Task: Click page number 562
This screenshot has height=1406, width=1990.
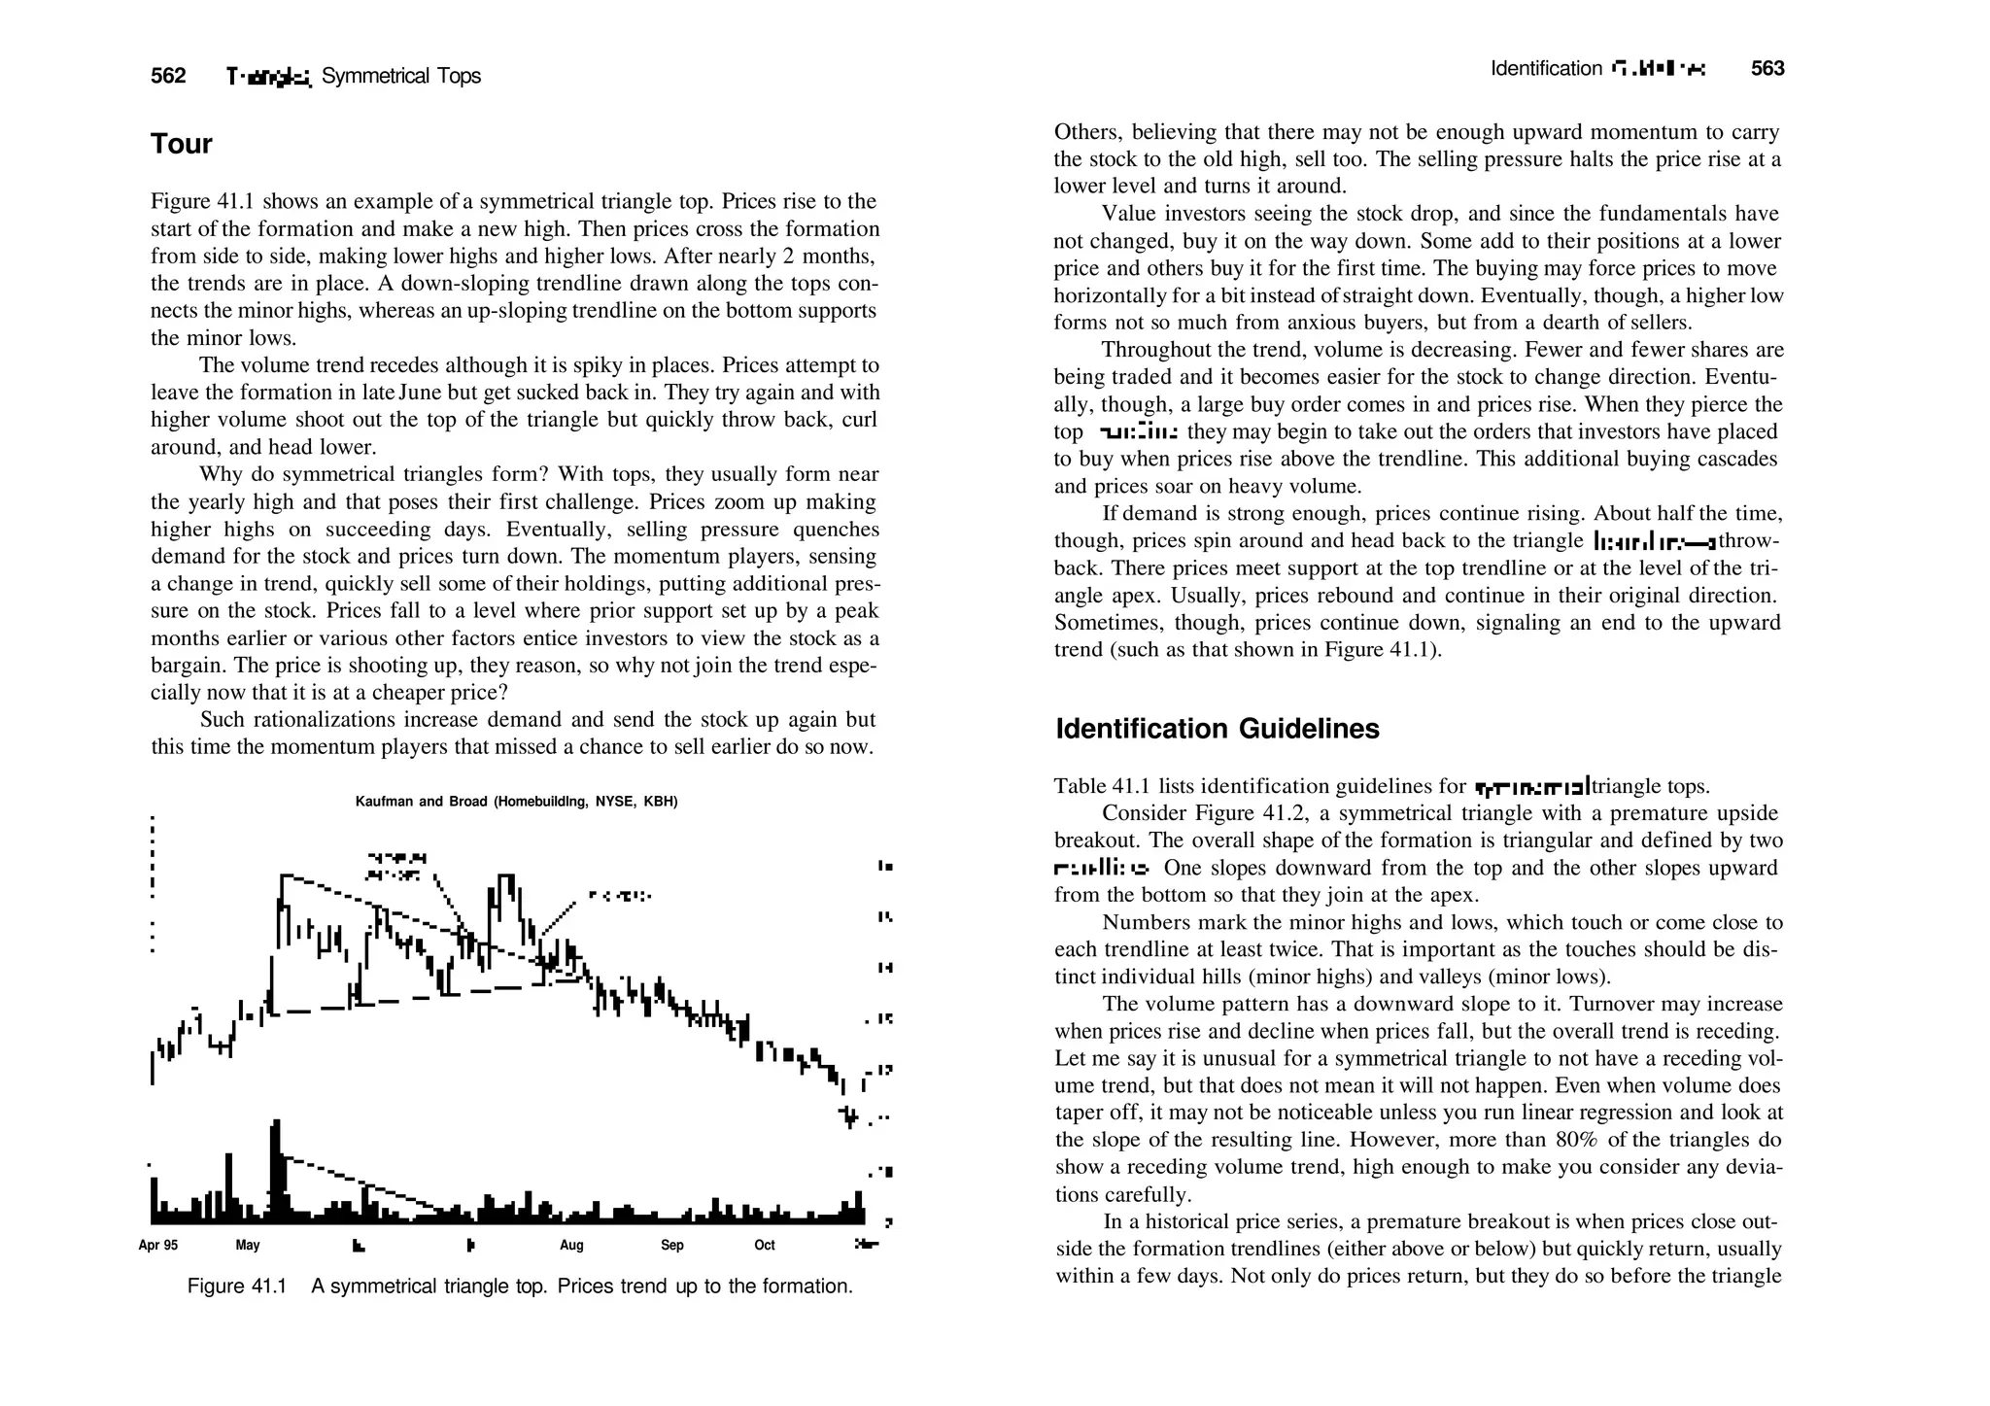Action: (x=168, y=76)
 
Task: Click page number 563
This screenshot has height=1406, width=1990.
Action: (x=1767, y=68)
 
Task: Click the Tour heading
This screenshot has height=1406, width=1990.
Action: (x=181, y=144)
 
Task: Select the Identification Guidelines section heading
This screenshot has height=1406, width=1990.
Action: (x=1217, y=729)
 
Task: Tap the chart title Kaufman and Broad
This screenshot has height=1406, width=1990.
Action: (x=516, y=802)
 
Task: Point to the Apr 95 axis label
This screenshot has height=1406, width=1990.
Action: (x=158, y=1245)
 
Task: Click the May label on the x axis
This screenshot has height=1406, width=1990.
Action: (x=248, y=1245)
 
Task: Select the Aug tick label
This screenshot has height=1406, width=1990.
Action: (x=571, y=1245)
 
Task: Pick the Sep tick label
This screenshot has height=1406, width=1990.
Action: (x=671, y=1245)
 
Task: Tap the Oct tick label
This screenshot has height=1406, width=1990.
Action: (x=765, y=1245)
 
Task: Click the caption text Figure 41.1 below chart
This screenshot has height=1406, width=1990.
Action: (x=237, y=1286)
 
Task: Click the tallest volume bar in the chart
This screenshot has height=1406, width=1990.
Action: (x=275, y=1171)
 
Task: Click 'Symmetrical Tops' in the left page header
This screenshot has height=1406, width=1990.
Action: (x=400, y=76)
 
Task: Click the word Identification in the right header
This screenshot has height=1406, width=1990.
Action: (x=1546, y=68)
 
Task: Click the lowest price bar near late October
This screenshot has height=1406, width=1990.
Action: (x=850, y=1116)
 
